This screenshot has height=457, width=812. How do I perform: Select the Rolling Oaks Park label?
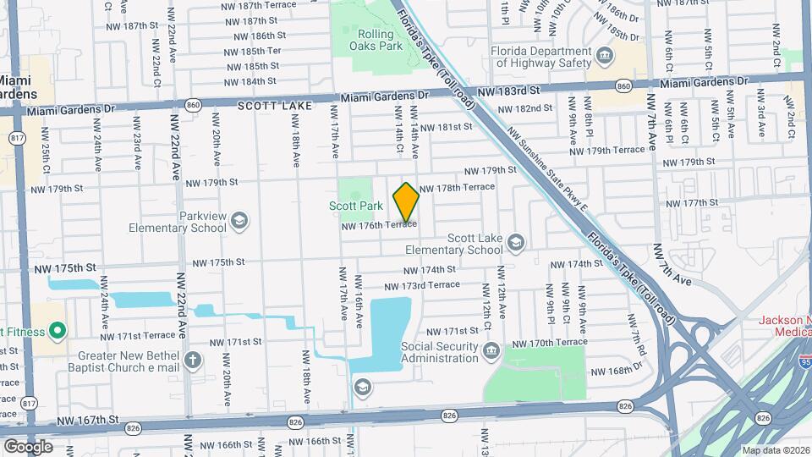[381, 40]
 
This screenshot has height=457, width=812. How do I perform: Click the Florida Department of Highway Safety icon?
[606, 57]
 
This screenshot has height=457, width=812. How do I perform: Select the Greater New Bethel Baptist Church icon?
[193, 361]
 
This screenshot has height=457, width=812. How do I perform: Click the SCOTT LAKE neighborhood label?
[275, 106]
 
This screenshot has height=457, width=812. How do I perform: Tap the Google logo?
[27, 446]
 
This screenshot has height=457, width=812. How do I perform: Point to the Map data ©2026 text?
[775, 450]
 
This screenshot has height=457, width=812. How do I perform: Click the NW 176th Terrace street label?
[379, 225]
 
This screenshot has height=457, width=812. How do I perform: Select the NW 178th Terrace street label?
[457, 187]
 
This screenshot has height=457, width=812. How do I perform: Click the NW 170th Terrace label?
[550, 343]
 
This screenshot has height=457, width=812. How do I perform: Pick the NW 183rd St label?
[508, 91]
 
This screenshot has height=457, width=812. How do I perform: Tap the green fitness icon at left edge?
[58, 330]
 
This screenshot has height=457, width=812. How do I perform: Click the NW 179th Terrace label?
[607, 150]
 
